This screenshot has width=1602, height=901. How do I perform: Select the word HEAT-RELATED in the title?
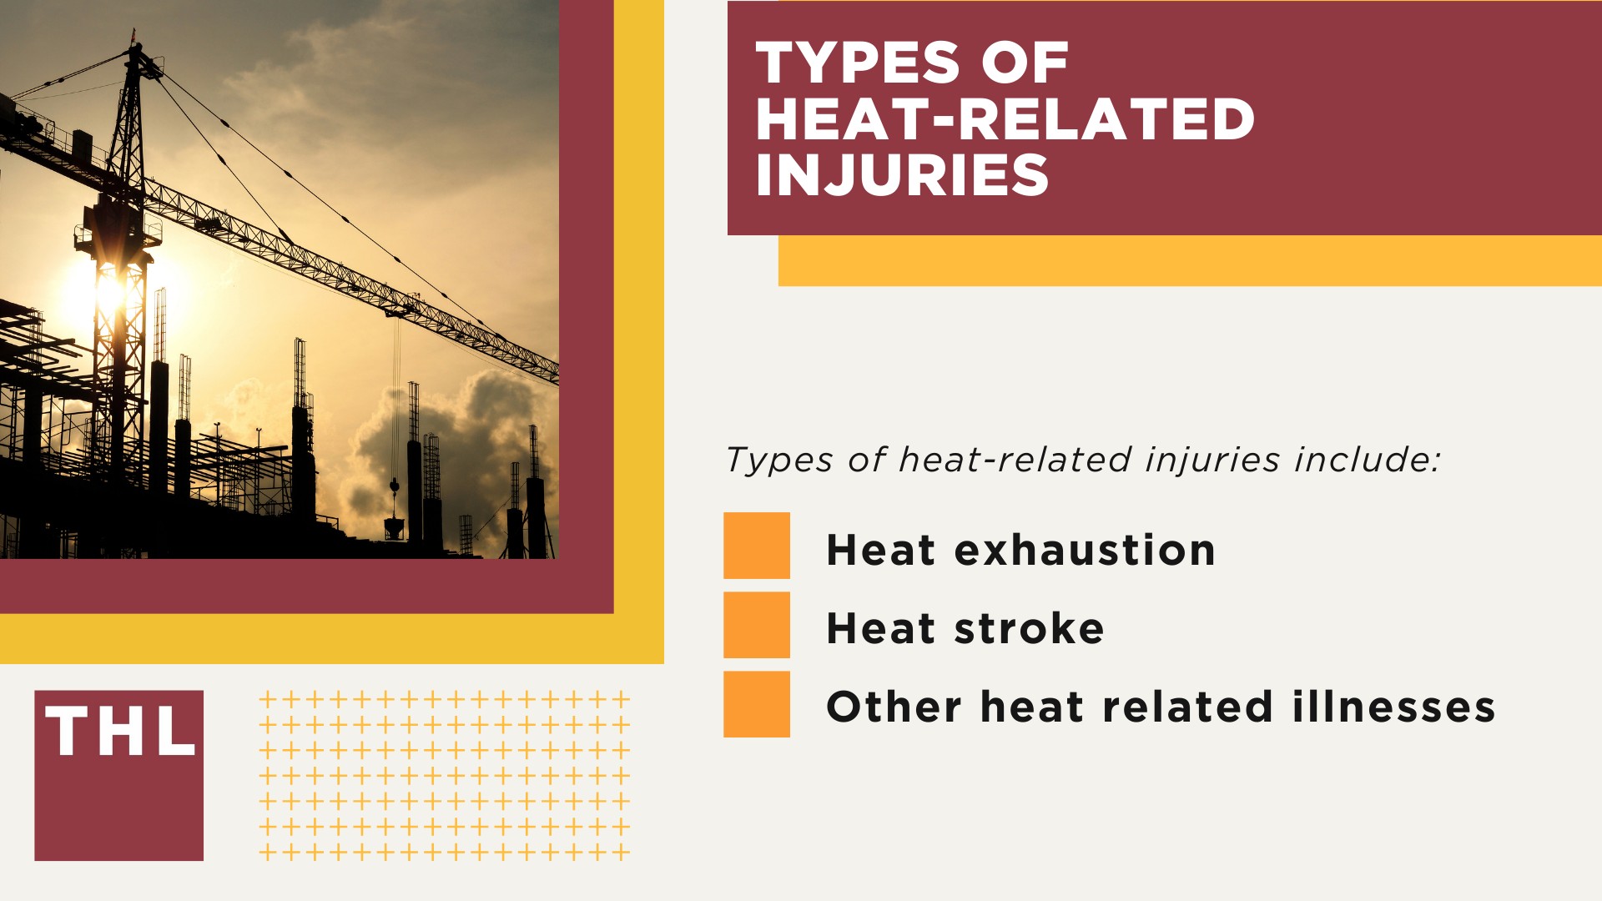pyautogui.click(x=1005, y=119)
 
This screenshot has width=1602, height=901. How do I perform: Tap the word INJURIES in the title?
pyautogui.click(x=901, y=175)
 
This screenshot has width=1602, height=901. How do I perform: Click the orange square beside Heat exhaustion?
pyautogui.click(x=756, y=546)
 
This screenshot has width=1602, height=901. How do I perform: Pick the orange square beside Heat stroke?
pyautogui.click(x=756, y=625)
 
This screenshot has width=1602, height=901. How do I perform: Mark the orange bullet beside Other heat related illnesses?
pyautogui.click(x=756, y=704)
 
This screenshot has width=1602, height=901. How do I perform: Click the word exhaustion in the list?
pyautogui.click(x=1084, y=550)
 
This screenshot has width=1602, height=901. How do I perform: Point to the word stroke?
pyautogui.click(x=1029, y=628)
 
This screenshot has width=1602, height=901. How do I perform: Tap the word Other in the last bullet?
pyautogui.click(x=894, y=707)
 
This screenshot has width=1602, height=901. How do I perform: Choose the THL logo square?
pyautogui.click(x=118, y=775)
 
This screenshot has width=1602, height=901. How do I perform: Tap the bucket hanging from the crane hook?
pyautogui.click(x=394, y=526)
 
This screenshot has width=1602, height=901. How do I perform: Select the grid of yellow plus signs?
pyautogui.click(x=444, y=776)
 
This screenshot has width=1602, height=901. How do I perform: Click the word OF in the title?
pyautogui.click(x=1025, y=63)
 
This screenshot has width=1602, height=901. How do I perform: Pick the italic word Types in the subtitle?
pyautogui.click(x=779, y=460)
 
